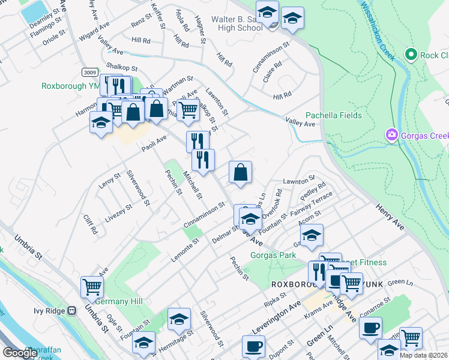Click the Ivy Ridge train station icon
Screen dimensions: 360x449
coord(72,311)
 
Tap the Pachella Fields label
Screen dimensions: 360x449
coord(333,115)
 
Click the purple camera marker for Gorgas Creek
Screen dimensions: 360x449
coord(391,134)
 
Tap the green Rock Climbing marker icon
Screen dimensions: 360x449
coord(411,55)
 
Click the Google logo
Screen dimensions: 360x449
coord(20,353)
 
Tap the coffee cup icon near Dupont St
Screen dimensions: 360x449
coord(253,346)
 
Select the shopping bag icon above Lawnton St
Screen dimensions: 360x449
coord(240,173)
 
